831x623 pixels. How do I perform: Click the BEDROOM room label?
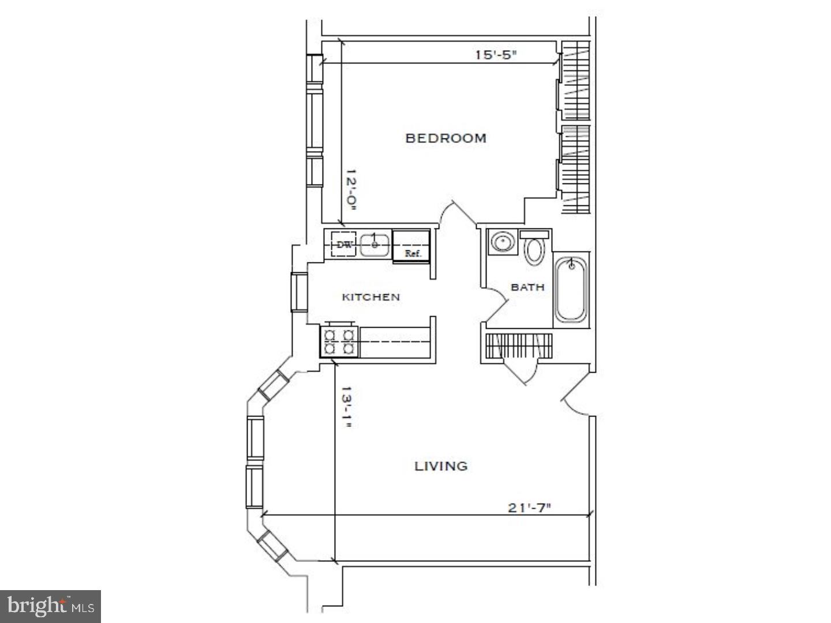point(446,138)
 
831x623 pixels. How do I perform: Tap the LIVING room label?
point(441,466)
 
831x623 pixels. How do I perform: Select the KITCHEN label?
point(370,297)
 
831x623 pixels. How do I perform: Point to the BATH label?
point(527,287)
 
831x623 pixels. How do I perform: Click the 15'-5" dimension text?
point(495,55)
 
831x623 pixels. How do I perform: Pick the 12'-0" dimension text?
point(350,190)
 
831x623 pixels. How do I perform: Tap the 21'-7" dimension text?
point(530,508)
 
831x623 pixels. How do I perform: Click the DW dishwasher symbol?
point(345,245)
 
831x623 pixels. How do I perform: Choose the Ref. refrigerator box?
point(411,246)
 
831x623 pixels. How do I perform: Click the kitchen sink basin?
point(375,245)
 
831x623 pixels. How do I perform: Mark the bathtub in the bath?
point(571,290)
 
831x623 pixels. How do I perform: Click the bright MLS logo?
point(51,606)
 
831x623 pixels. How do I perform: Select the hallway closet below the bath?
point(518,346)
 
